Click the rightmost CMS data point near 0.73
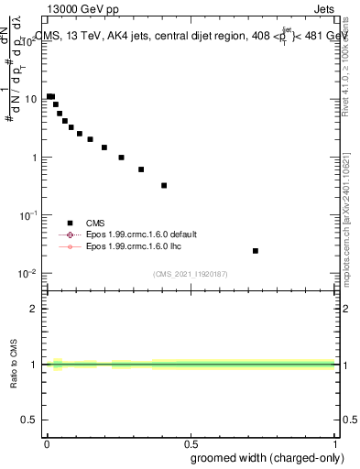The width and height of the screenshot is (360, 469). pyautogui.click(x=256, y=250)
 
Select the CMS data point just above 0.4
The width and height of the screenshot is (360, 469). pyautogui.click(x=164, y=185)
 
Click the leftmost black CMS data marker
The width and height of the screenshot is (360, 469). pyautogui.click(x=49, y=95)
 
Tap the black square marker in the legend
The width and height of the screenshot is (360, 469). pyautogui.click(x=70, y=223)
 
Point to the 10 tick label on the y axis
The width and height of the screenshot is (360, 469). pyautogui.click(x=34, y=99)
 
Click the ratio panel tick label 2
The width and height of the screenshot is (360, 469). pyautogui.click(x=37, y=309)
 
